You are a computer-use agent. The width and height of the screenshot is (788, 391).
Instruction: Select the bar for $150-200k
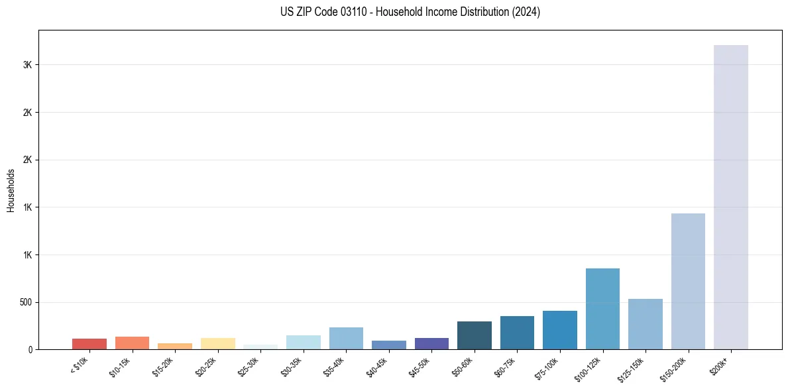coord(688,281)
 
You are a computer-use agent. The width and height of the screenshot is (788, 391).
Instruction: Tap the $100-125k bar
coord(602,309)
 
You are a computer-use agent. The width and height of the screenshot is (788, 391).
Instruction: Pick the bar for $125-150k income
coord(645,324)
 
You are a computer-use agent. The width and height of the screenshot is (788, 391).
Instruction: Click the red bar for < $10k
coord(89,344)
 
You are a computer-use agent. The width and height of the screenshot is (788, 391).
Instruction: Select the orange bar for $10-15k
coord(132,343)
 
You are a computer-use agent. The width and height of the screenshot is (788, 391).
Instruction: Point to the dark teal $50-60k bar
coord(474,335)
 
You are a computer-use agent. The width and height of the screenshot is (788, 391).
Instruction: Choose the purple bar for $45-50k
coord(431,343)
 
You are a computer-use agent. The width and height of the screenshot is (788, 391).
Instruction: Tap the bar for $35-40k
coord(346,338)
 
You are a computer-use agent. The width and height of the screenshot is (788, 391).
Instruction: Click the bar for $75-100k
coord(559,330)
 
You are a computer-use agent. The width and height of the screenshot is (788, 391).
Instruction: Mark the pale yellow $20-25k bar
coord(217,343)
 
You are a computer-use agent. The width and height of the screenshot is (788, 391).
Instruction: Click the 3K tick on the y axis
coord(27,65)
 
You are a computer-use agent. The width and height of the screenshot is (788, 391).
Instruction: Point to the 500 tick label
coord(25,302)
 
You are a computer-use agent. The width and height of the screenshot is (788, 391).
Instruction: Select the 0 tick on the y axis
coord(30,349)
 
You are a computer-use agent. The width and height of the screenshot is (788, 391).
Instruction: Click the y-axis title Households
coord(11,190)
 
